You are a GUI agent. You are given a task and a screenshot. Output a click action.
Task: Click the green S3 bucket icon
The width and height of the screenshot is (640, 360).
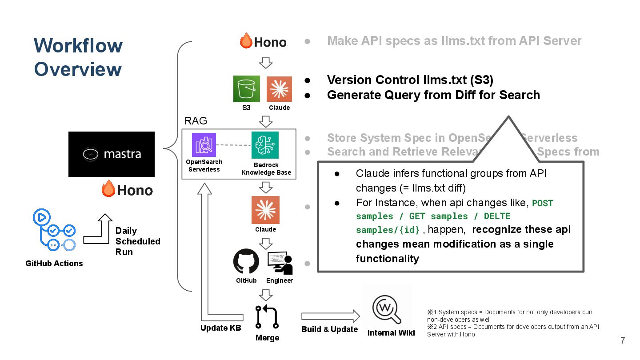247,89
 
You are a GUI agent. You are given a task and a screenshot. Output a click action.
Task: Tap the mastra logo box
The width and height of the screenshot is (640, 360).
112,154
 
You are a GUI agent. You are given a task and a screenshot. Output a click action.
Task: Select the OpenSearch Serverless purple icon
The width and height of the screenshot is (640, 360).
204,144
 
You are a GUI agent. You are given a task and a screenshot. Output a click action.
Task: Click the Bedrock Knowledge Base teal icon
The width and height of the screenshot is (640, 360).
265,145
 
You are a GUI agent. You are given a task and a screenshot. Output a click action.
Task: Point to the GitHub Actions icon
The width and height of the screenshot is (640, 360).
54,231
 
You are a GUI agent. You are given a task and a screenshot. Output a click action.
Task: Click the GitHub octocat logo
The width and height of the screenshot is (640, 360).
246,262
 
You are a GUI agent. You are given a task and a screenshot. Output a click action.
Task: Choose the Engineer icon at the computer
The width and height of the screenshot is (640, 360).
280,263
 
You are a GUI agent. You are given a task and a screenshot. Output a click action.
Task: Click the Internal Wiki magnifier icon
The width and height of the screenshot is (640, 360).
387,308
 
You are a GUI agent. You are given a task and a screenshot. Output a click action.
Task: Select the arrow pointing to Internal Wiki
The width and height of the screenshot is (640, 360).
331,316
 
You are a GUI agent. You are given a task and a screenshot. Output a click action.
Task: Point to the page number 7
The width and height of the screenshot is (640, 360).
623,341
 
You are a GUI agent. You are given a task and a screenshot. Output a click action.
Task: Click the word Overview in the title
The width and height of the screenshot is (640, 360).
78,69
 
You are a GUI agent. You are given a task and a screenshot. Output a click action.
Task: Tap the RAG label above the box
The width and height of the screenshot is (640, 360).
196,121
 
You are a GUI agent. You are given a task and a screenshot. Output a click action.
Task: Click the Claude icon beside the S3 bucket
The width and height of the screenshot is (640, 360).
279,89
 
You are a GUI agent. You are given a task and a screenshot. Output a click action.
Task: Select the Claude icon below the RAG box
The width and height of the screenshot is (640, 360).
265,210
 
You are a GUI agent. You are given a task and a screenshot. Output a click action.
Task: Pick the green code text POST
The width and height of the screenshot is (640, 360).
542,204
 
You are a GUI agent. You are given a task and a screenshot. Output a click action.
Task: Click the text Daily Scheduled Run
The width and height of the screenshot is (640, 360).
137,241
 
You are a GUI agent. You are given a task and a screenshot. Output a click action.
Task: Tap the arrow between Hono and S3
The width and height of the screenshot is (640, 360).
266,62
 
